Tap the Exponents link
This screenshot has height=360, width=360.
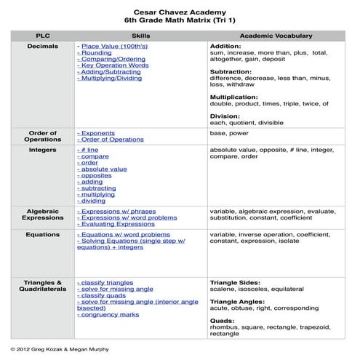[97, 134]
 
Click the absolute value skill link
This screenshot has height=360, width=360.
[103, 169]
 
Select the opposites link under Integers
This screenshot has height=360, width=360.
[97, 175]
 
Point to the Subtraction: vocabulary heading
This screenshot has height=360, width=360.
[231, 72]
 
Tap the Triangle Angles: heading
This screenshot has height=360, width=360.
[240, 300]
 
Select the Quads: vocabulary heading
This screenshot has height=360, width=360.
[223, 319]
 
